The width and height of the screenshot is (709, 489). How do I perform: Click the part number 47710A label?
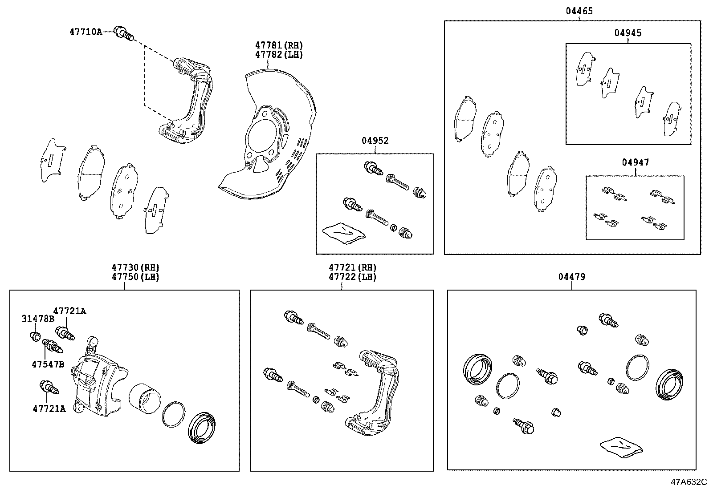click(86, 32)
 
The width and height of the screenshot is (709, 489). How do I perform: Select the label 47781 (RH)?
click(279, 45)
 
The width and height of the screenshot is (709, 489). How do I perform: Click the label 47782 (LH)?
click(279, 55)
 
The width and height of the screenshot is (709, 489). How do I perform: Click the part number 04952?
click(375, 141)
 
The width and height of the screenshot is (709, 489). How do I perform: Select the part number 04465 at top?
click(579, 11)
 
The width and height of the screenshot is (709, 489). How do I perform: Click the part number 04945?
click(628, 33)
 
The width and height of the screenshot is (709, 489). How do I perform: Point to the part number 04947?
click(636, 162)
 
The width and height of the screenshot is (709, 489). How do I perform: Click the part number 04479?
click(572, 277)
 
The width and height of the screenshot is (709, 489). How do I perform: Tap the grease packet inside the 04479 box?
click(621, 447)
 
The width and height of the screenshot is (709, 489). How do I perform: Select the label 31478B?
click(38, 319)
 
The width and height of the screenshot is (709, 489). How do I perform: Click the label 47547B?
click(48, 364)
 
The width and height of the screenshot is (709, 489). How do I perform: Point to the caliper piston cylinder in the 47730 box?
click(145, 398)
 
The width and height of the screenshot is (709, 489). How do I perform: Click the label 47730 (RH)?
click(135, 267)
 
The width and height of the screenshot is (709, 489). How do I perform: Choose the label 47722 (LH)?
click(352, 277)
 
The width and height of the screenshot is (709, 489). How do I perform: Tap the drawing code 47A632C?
click(689, 482)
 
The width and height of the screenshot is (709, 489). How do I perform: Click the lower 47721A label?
click(49, 409)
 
